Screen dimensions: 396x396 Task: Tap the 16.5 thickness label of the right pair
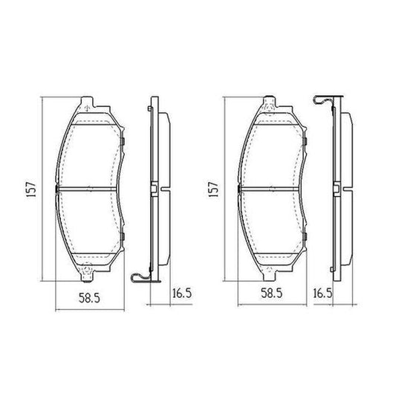coord(322,293)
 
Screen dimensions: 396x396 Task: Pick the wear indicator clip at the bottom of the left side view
coord(140,278)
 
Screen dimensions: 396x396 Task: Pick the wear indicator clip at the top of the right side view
coord(322,101)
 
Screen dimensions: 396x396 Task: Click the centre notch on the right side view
coord(336,190)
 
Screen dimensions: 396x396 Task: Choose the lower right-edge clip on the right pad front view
coord(306,238)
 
